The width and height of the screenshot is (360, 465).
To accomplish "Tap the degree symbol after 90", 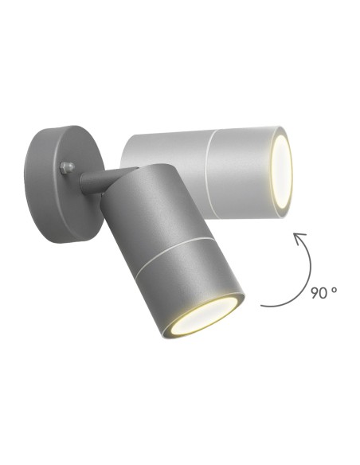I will [335, 289].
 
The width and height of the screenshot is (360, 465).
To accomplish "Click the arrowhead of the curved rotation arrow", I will [299, 236].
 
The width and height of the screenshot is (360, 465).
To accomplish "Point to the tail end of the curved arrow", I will [263, 305].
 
